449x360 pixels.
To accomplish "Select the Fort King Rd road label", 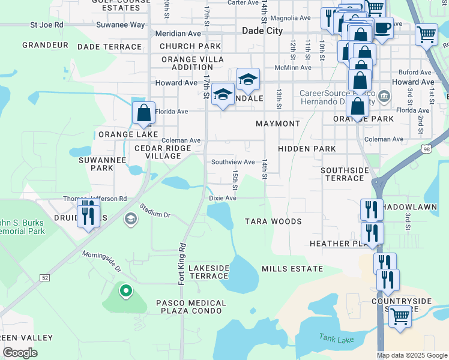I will [x=182, y=263].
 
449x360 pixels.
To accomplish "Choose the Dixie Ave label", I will [x=223, y=197].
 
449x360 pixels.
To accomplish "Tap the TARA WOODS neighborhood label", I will [x=273, y=221].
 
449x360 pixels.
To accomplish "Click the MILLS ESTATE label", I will [x=292, y=269].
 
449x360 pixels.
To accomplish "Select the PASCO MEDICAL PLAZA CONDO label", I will [x=191, y=307].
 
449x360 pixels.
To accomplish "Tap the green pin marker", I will [x=125, y=292].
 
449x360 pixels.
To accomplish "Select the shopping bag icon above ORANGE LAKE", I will [x=144, y=112].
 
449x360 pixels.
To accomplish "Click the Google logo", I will [x=20, y=353].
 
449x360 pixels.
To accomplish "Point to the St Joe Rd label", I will [x=47, y=25].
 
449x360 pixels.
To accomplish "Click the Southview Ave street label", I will [x=233, y=162].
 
